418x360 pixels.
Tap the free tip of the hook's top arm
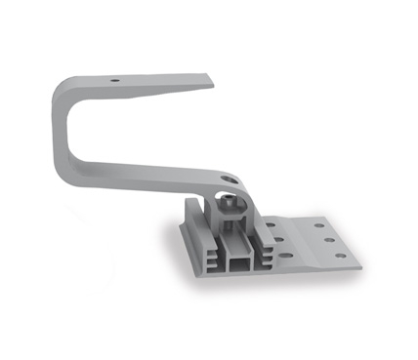click(208, 78)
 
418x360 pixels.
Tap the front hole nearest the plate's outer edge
click(340, 257)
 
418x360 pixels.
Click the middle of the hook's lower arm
click(146, 170)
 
